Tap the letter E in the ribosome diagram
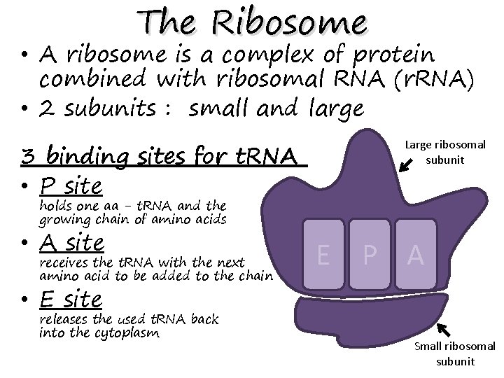(x=324, y=255)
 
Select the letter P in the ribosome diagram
(x=370, y=255)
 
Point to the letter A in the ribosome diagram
(x=416, y=255)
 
